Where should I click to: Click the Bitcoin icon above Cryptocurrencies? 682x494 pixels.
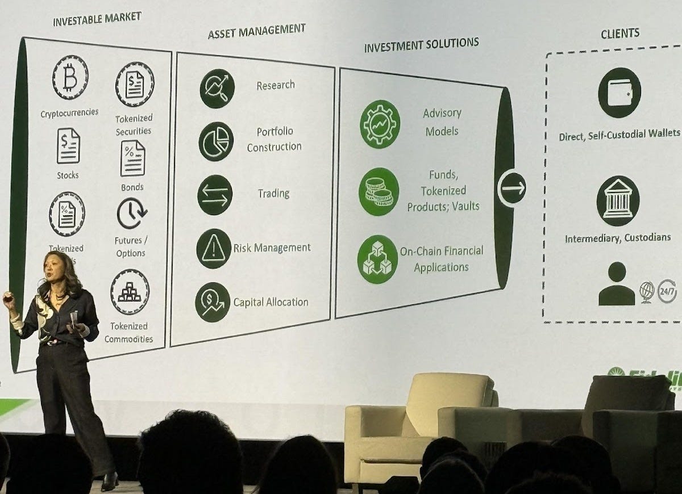pos(70,78)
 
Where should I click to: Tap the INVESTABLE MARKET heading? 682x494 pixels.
pos(97,19)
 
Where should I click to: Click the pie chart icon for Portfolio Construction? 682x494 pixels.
pos(216,141)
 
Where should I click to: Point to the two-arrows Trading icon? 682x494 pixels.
pos(215,195)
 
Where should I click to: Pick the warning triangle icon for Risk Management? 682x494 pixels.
pos(214,248)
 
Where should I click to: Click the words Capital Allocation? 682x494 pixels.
pos(271,302)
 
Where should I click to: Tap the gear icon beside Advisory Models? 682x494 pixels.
pos(380,124)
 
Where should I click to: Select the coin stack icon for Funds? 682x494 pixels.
pos(379,191)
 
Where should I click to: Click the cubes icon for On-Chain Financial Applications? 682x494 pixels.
pos(377,259)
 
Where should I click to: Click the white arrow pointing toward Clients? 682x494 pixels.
pos(512,188)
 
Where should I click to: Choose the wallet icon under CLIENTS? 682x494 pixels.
pos(619,93)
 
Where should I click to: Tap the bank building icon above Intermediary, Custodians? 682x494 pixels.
pos(618,200)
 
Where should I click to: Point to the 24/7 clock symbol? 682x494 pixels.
pos(667,291)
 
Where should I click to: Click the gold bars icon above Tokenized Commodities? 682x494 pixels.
pos(130,292)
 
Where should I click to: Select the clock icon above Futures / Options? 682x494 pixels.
pos(132,213)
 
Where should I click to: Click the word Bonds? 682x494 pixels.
pos(132,187)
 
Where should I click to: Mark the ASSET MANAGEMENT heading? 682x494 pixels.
pos(257,31)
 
